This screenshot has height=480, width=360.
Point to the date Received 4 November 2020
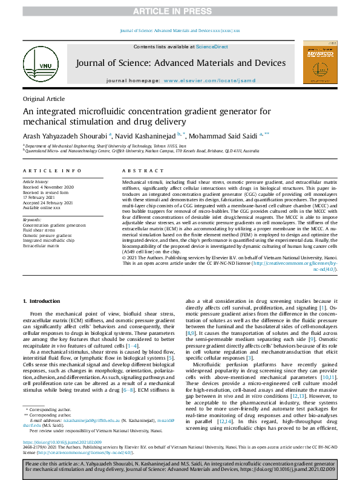pos(48,187)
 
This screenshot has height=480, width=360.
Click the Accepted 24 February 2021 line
pos(48,203)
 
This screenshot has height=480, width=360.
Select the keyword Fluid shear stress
pos(40,230)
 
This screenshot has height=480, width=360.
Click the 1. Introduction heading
pos(42,300)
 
